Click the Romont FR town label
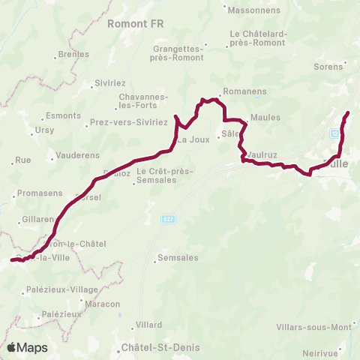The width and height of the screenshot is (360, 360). tap(135, 24)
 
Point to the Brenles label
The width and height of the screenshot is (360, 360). tap(73, 55)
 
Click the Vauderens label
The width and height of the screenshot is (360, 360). tap(74, 157)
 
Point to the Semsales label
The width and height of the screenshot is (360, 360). tap(177, 259)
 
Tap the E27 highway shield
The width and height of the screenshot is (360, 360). tap(168, 217)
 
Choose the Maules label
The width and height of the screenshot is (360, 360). tap(265, 118)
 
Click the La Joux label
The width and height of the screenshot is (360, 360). tap(193, 139)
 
